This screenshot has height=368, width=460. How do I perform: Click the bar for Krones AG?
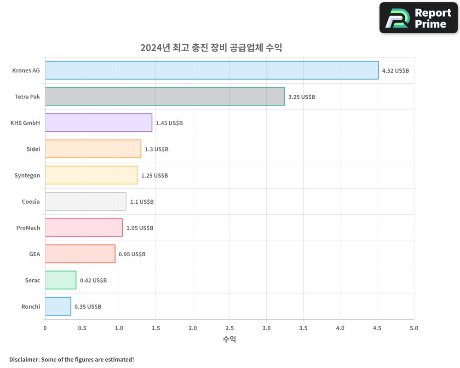[212, 70]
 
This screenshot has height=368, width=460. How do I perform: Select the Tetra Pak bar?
[165, 97]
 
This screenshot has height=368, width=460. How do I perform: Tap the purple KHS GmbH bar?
[98, 123]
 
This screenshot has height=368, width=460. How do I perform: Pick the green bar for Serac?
[61, 280]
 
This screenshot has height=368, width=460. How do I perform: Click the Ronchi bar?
[58, 306]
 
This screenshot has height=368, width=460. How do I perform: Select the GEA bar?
[80, 254]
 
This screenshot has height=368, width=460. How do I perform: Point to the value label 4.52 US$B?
[395, 71]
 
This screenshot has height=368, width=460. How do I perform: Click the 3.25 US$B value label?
[301, 97]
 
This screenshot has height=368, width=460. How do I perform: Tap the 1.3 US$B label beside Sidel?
[156, 149]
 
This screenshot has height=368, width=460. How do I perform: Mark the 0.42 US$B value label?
[93, 281]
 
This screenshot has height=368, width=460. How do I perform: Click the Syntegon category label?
[27, 176]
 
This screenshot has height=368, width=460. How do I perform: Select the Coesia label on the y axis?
[31, 202]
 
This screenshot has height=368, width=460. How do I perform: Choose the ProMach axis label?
[28, 228]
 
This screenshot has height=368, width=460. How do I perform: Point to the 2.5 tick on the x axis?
[230, 328]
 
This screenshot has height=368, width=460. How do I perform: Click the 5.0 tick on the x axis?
[414, 328]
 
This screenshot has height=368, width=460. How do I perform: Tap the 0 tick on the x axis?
[45, 328]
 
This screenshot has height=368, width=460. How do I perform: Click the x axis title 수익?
[230, 339]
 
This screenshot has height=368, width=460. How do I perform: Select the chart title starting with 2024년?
[211, 48]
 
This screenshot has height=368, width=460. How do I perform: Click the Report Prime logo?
[418, 18]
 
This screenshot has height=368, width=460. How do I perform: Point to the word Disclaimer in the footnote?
[23, 360]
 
